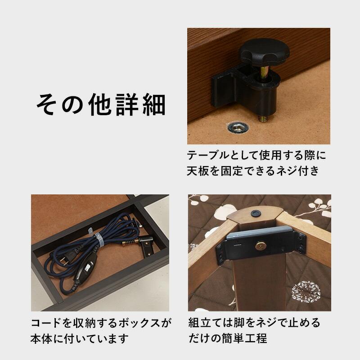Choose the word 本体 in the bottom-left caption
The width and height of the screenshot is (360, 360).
(42, 338)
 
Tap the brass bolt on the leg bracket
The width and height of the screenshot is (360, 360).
(260, 245)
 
